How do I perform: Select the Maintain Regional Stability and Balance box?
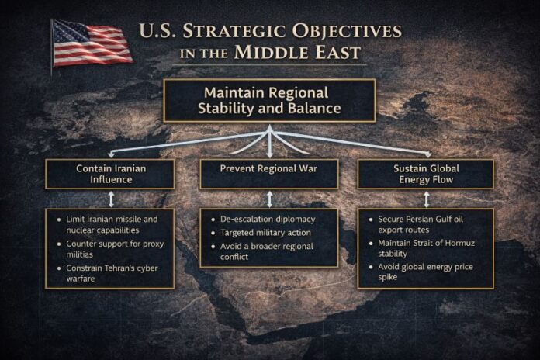click(x=269, y=100)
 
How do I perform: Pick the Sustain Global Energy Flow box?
click(x=424, y=174)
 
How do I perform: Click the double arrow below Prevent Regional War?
click(x=269, y=199)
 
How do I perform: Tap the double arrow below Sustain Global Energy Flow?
click(x=424, y=199)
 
